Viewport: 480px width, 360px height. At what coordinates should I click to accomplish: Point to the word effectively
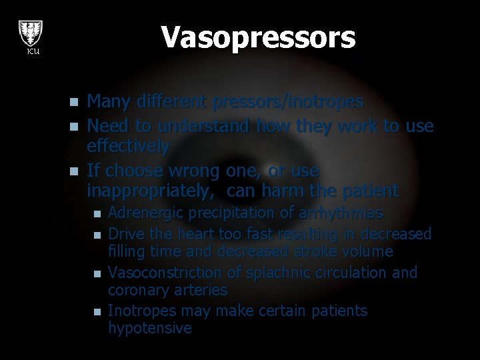pyautogui.click(x=129, y=145)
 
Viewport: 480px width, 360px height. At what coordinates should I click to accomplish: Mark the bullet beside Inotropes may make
pyautogui.click(x=97, y=312)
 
